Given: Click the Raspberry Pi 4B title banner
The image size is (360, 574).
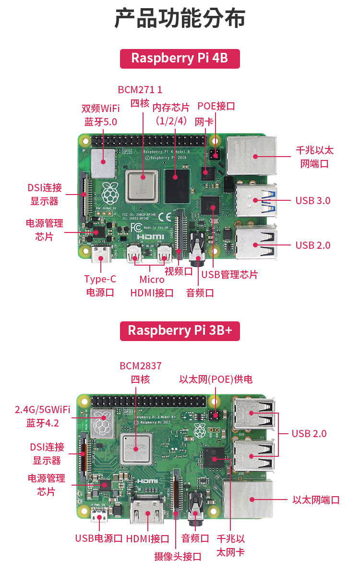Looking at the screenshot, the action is point(180,59).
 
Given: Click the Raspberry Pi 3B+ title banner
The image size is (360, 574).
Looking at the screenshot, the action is point(180,330).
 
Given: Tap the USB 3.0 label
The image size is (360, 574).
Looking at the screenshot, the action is point(313,200).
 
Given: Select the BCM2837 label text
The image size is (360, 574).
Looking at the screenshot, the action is point(141,366).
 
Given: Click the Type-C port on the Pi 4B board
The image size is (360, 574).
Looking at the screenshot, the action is point(101,255).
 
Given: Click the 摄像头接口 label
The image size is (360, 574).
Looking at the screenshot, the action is point(178,557).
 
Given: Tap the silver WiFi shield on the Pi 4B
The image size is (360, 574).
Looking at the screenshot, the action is point(104,163).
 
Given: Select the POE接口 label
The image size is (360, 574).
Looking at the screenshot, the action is point(216,106).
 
